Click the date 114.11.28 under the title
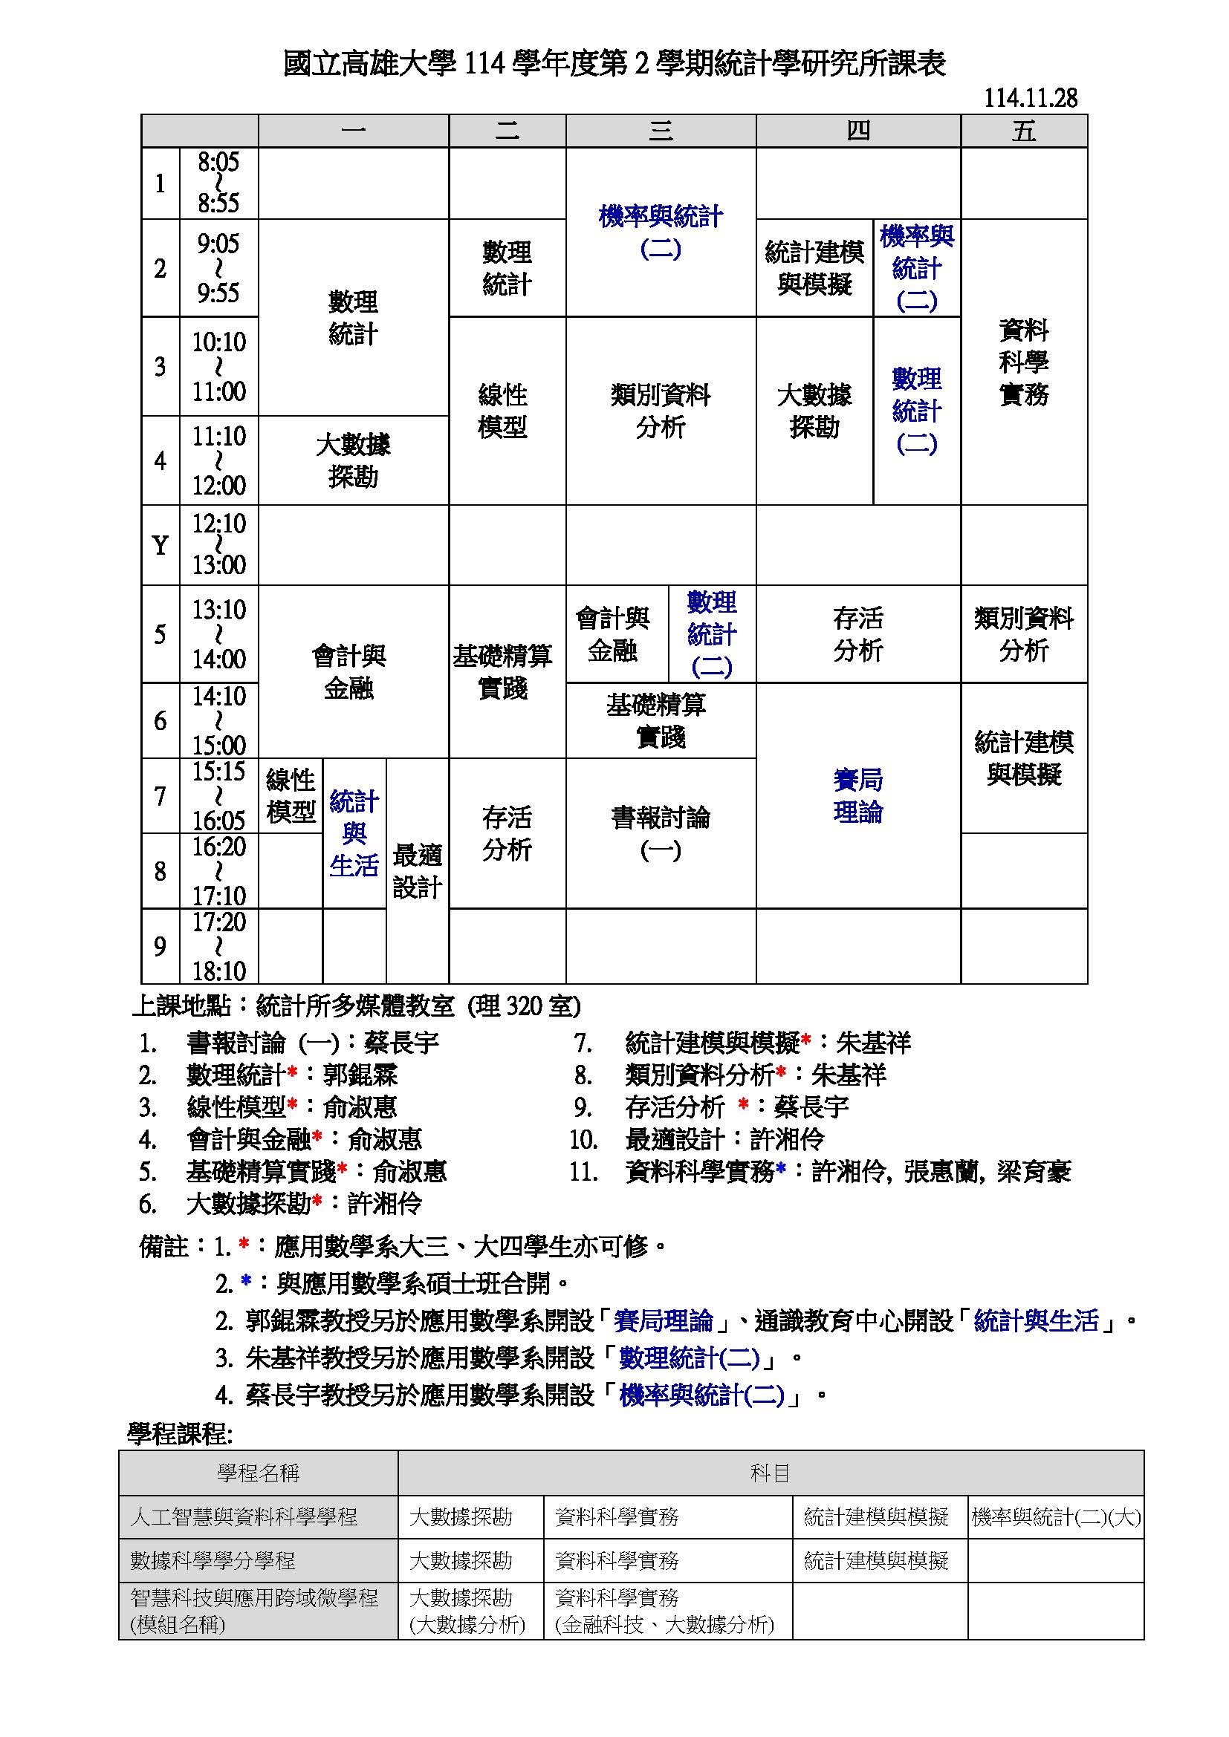coord(1030,97)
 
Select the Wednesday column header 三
coord(661,131)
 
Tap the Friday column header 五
coord(1024,131)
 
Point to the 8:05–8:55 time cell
coord(218,183)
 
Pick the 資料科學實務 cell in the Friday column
coord(1024,362)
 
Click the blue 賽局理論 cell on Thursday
coord(858,796)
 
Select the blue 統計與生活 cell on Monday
coord(354,833)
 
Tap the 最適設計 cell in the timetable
coord(417,871)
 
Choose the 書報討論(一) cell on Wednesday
coord(661,833)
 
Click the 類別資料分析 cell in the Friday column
coord(1024,634)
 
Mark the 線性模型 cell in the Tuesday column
coord(502,411)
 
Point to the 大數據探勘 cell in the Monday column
coord(354,460)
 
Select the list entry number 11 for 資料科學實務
coord(584,1172)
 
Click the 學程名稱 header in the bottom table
coord(258,1472)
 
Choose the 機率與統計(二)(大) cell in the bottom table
coord(1056,1517)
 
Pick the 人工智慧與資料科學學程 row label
coord(244,1517)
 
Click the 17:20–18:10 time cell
coord(218,945)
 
